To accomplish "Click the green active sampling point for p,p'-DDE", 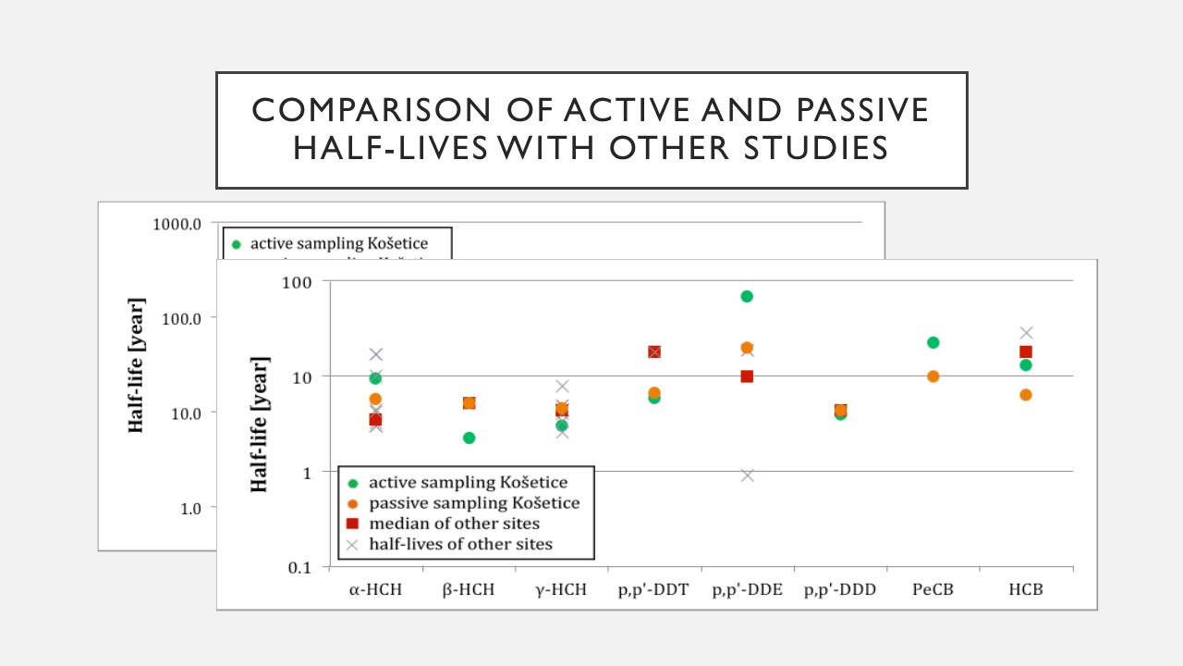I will point(747,296).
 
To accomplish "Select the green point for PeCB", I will point(933,342).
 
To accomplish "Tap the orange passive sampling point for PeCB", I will point(933,376).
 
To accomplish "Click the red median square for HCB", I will point(1025,351).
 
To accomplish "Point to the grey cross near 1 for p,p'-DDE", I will point(747,475).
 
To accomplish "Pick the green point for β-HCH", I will point(469,438).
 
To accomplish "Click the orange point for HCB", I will point(1025,395).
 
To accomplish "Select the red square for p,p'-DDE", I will point(747,376).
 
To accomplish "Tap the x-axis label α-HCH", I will point(376,590).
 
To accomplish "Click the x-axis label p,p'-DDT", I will point(653,590).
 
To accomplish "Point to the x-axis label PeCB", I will point(933,590).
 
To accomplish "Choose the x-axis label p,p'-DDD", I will point(839,590).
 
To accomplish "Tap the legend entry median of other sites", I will point(454,524).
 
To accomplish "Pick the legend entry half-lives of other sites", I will point(460,544).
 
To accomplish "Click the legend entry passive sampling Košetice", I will point(474,503).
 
